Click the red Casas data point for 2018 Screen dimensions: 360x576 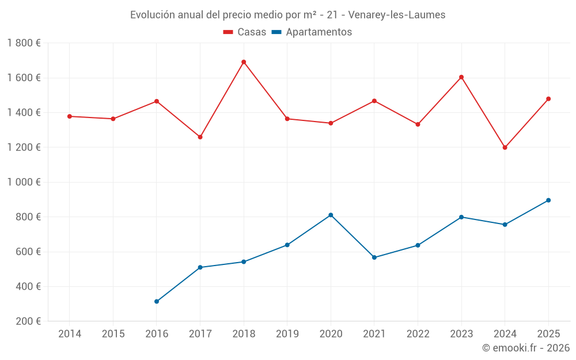[244, 62]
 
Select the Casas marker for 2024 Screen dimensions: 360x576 [505, 147]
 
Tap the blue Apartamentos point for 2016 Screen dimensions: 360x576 [157, 301]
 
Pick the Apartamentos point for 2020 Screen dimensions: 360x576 [331, 215]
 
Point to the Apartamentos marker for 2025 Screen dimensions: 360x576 [548, 200]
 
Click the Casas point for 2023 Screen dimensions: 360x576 [461, 77]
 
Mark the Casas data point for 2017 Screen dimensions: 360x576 [200, 137]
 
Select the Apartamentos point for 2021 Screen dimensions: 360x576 [374, 257]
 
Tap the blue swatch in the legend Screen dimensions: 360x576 [276, 32]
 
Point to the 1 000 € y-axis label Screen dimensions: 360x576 [24, 182]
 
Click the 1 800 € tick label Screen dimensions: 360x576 [24, 43]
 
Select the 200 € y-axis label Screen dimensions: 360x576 [28, 321]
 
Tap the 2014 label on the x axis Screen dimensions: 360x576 [70, 334]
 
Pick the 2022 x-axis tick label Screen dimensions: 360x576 [418, 334]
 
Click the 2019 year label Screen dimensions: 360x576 [287, 334]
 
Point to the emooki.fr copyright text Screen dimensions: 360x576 [525, 348]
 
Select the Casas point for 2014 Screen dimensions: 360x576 [70, 116]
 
